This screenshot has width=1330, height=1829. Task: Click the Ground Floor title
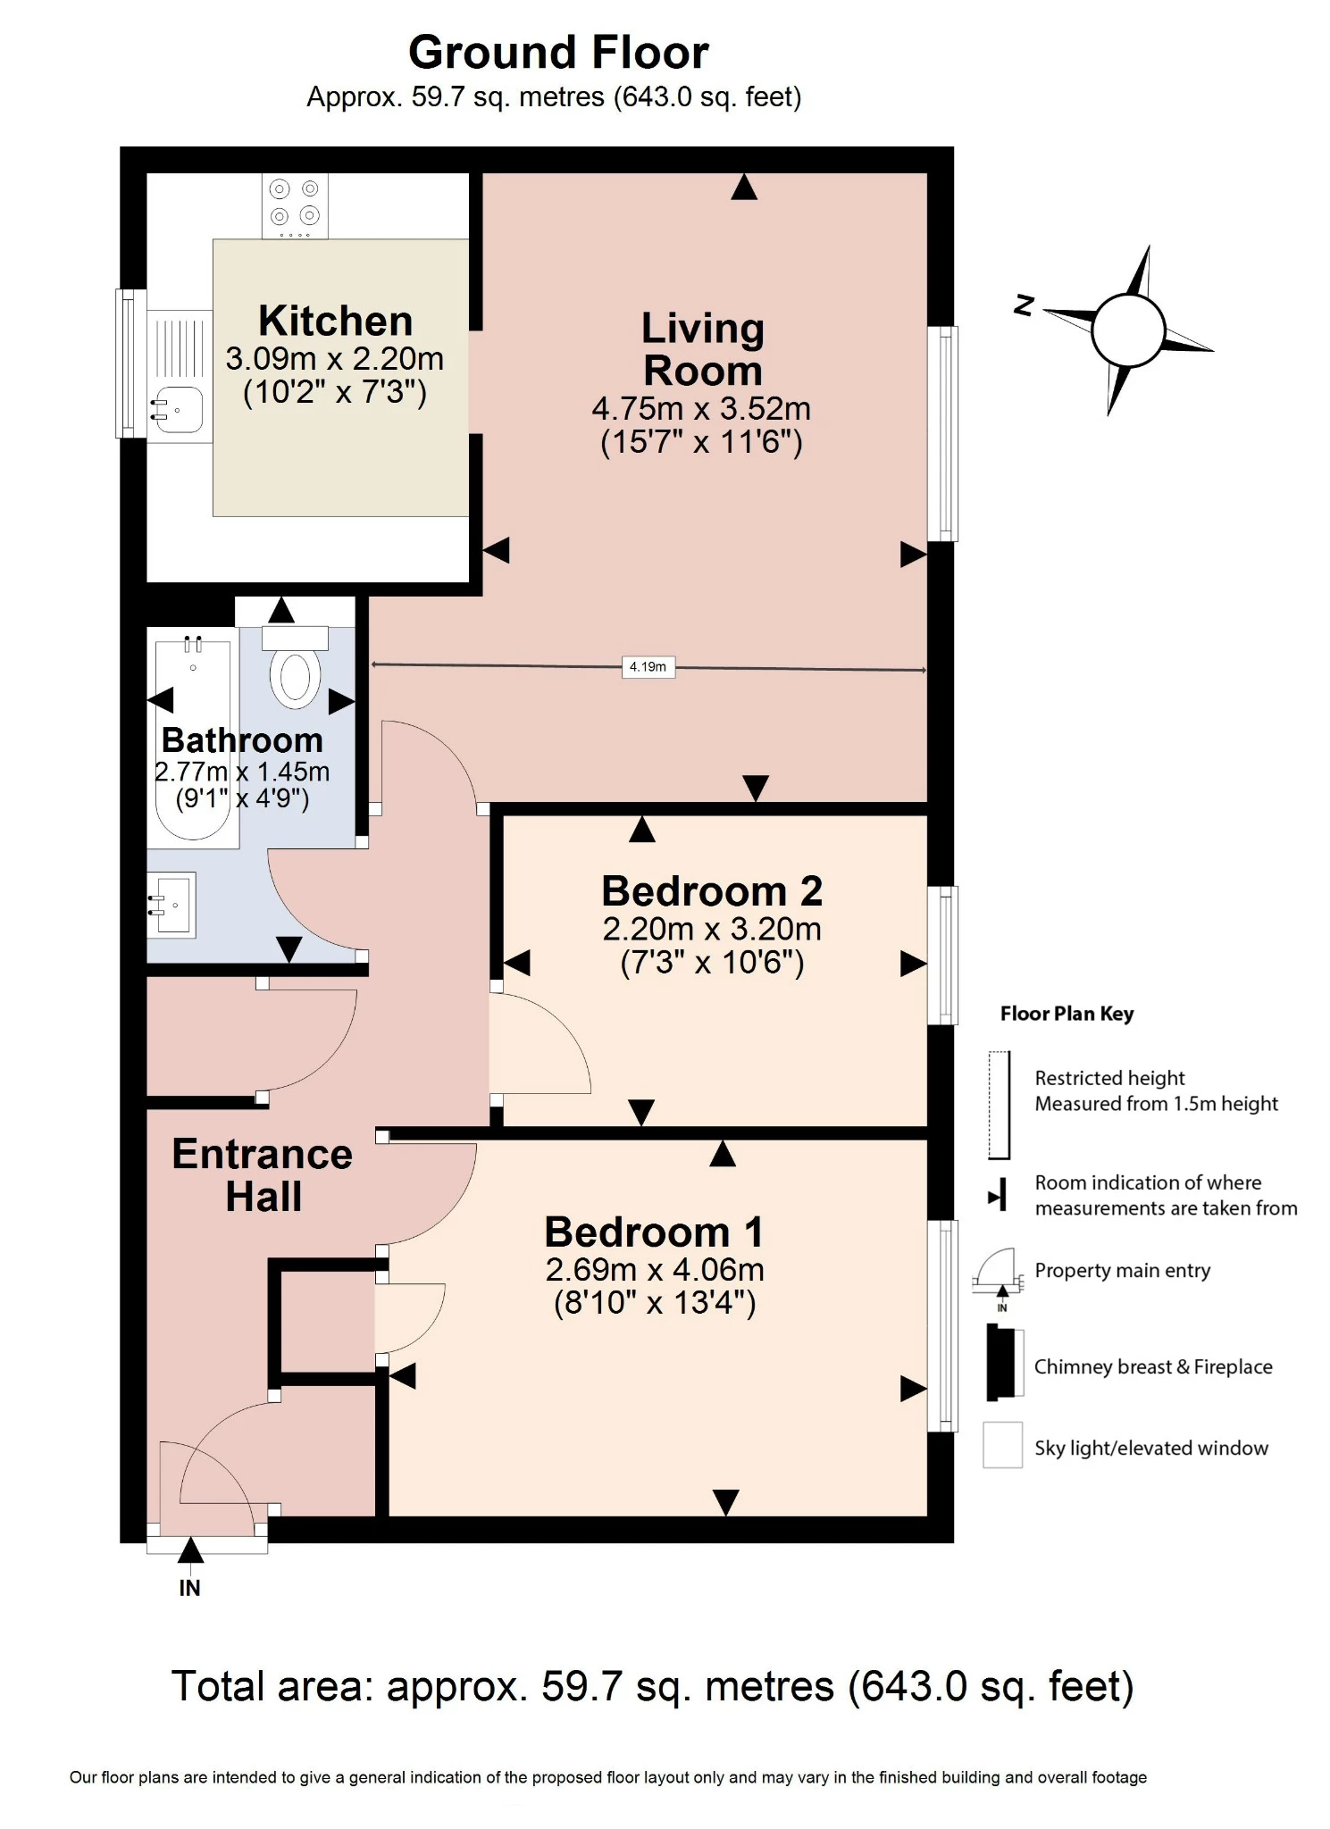click(x=558, y=53)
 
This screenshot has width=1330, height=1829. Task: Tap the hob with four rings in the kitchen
click(x=295, y=205)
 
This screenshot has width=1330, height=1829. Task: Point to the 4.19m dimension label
click(x=648, y=667)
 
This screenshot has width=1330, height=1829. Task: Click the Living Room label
click(x=703, y=349)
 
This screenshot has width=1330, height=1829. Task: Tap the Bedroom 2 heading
click(x=712, y=891)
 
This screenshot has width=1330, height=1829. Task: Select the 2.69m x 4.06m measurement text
click(x=655, y=1269)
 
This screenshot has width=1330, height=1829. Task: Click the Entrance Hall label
click(x=263, y=1174)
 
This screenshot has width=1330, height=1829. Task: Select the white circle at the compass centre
click(x=1128, y=330)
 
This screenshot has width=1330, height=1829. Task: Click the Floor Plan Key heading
click(x=1067, y=1014)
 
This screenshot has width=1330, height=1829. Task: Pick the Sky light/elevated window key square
click(x=1002, y=1446)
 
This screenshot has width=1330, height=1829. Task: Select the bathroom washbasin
click(x=172, y=905)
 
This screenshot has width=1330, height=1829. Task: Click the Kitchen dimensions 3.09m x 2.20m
click(x=335, y=359)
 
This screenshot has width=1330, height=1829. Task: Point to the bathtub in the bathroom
click(x=194, y=737)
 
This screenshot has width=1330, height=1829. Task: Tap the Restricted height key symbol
click(x=999, y=1105)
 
